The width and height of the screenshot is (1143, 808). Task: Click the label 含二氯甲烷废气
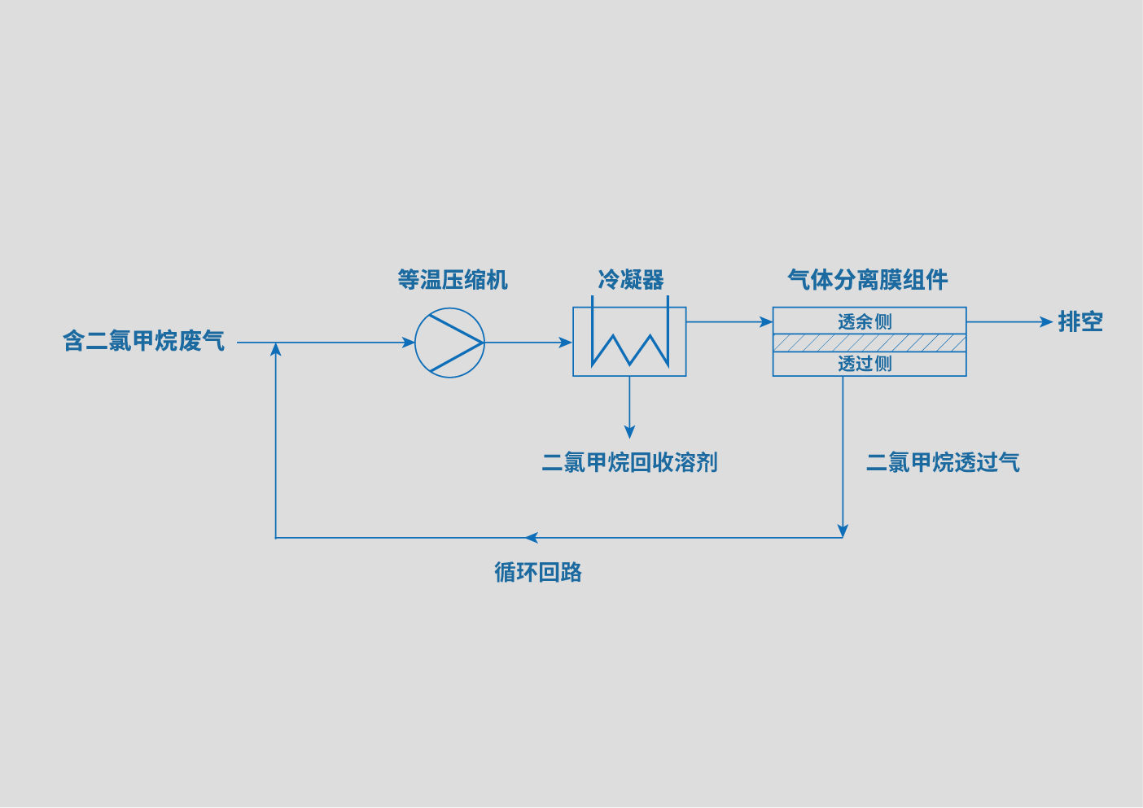[x=143, y=341]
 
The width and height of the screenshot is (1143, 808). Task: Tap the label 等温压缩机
[x=452, y=280]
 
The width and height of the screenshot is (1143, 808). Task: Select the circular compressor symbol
[x=449, y=343]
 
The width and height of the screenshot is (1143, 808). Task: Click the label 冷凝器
[x=630, y=280]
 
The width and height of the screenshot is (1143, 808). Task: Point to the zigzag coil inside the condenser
[x=629, y=350]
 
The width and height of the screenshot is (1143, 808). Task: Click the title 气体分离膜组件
[x=867, y=280]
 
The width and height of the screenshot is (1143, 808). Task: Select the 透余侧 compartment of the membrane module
[x=869, y=321]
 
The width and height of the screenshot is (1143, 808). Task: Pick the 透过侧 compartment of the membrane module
[x=869, y=364]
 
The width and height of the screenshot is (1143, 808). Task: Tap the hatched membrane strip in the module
[x=869, y=343]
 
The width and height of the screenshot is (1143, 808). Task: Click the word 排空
[x=1080, y=322]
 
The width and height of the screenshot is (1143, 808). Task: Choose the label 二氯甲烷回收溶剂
[x=629, y=462]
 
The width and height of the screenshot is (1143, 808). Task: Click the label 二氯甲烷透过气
[x=943, y=462]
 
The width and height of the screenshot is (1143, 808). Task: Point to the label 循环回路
[x=537, y=572]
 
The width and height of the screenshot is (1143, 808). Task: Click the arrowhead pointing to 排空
[x=1047, y=322]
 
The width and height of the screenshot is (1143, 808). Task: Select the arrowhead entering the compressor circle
[x=409, y=343]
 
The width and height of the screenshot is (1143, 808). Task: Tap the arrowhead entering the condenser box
[x=567, y=343]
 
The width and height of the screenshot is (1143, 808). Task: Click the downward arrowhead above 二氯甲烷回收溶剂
[x=629, y=432]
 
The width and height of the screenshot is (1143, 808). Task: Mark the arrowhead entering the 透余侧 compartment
[x=766, y=322]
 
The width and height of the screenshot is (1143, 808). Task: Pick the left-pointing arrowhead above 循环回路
[x=532, y=538]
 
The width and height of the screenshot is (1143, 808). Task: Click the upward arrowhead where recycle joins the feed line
[x=276, y=349]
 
